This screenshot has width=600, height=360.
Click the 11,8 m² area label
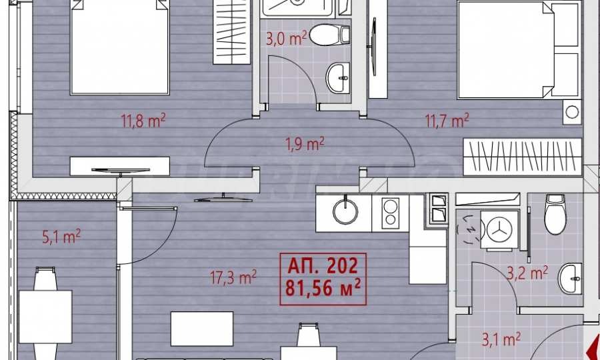[143, 121]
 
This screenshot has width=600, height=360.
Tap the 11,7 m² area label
[447, 121]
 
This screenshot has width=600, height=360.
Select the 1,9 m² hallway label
[305, 144]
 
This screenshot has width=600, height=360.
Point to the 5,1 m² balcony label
[61, 236]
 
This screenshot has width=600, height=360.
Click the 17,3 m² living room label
[233, 277]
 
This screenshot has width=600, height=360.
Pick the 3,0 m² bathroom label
[286, 39]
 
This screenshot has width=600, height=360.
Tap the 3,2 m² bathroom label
[527, 273]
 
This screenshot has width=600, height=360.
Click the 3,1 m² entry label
[501, 339]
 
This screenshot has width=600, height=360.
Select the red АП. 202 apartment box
[323, 279]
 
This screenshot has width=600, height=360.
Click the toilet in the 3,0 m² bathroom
[329, 35]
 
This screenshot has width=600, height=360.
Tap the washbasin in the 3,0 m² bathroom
[338, 77]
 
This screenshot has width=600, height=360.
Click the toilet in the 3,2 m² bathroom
[555, 214]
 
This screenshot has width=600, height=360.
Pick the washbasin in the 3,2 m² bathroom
[570, 278]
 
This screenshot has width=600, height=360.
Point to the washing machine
[499, 231]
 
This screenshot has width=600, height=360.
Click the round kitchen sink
[345, 211]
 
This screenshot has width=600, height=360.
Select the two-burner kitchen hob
[391, 213]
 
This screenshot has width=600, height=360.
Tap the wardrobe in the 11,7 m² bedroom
[522, 157]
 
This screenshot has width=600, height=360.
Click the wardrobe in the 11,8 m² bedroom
[231, 32]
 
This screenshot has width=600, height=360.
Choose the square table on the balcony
[45, 317]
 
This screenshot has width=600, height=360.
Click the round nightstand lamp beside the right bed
[572, 112]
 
